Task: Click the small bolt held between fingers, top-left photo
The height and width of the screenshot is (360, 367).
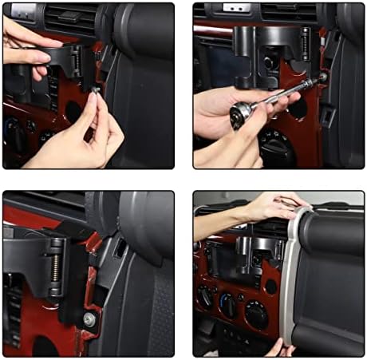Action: (x=94, y=92)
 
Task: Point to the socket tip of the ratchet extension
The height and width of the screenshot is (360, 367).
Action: (x=321, y=77)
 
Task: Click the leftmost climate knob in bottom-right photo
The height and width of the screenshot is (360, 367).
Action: (x=206, y=295)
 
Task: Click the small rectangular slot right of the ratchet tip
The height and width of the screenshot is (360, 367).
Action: (x=328, y=115)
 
